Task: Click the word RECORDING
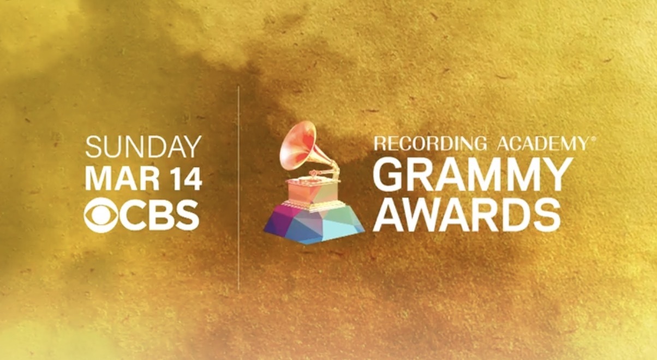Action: click(430, 143)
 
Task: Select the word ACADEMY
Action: click(540, 143)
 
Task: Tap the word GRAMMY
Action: click(469, 174)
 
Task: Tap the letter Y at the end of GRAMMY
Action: click(549, 174)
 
